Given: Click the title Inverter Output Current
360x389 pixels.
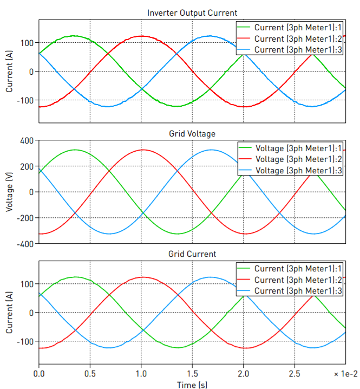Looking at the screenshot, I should coord(192,13).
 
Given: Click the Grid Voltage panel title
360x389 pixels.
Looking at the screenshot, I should coord(192,133).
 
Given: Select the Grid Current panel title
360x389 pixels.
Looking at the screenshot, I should coord(192,254).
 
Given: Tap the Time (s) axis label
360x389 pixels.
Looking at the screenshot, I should coord(192,384).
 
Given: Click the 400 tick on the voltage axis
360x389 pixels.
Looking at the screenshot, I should coord(27,141).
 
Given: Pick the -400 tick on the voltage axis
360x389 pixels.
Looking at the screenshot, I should coord(25,244).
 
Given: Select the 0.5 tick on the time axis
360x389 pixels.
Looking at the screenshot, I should coord(90,374).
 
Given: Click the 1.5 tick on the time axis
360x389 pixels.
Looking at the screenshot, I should coord(192,374).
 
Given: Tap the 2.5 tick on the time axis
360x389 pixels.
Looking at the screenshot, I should coord(294,374).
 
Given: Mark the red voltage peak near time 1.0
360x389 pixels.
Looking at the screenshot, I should coord(141,150).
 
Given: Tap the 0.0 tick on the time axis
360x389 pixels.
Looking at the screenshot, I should coord(39,374).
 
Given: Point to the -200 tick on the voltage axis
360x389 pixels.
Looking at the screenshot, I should coord(25,218).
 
